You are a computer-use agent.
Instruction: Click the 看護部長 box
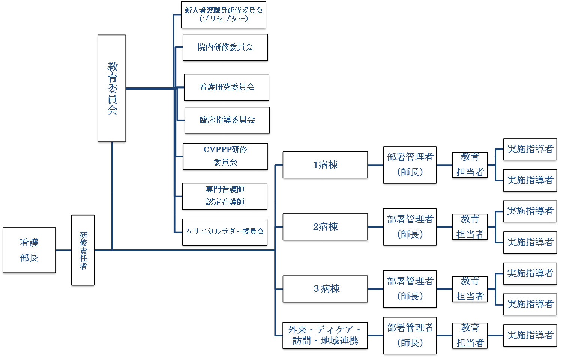coord(29,250)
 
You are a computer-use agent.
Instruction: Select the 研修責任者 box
coord(83,250)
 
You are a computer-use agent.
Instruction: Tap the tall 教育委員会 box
coord(112,88)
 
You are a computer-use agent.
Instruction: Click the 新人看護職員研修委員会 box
coord(224,15)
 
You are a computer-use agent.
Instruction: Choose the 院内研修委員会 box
coord(225,48)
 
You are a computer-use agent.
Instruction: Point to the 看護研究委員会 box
coord(227,87)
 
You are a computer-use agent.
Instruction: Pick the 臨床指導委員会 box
coord(227,120)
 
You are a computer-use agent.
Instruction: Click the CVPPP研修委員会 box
coord(225,156)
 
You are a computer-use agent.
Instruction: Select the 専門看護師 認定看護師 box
coord(225,196)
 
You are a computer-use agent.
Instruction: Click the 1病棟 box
coord(325,165)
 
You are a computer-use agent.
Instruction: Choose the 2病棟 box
coord(325,227)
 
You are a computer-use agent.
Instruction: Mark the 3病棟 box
coord(325,289)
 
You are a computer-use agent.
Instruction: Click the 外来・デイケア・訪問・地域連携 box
coord(325,335)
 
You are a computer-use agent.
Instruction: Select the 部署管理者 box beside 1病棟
coord(410,165)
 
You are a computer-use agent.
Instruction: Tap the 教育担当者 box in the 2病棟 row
coord(470,227)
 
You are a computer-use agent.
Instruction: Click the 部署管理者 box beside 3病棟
coord(410,289)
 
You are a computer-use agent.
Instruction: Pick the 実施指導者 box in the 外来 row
coord(530,335)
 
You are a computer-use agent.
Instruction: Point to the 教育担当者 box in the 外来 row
coord(470,335)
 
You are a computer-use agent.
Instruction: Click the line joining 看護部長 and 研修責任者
coord(63,250)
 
